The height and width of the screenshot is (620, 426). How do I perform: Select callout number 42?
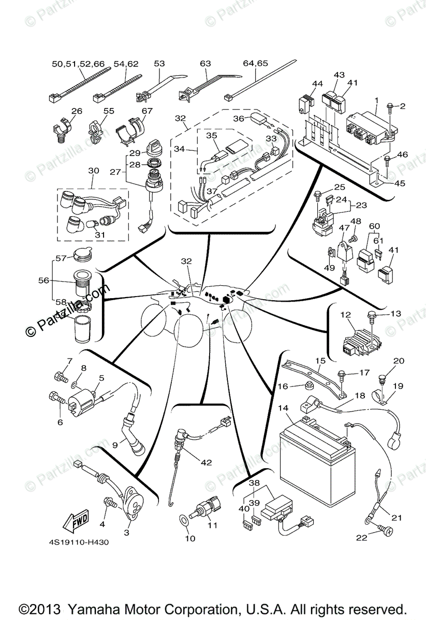206,462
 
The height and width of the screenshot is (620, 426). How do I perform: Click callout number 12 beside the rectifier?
346,314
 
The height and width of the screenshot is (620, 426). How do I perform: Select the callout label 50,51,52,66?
78,64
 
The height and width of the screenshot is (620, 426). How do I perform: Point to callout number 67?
147,111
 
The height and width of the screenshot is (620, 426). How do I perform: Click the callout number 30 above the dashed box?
93,171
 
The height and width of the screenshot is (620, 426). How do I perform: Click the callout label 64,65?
255,64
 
